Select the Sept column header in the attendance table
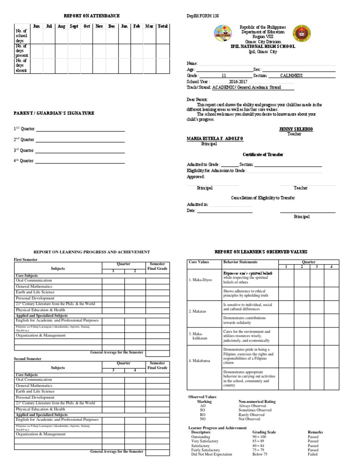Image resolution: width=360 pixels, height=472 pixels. [74, 26]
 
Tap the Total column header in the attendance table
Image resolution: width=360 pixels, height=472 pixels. [163, 26]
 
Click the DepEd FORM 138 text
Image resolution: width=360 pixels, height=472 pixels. [202, 16]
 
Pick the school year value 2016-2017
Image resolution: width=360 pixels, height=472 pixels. [238, 81]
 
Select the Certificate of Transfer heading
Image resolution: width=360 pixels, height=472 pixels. [262, 154]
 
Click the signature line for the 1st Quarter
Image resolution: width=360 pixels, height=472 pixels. [80, 129]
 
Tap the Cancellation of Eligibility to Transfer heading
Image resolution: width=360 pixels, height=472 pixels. [263, 198]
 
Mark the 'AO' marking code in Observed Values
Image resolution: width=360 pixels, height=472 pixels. [202, 406]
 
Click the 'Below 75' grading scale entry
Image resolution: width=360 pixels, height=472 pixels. [260, 454]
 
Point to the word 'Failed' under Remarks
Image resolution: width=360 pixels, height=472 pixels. [313, 454]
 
